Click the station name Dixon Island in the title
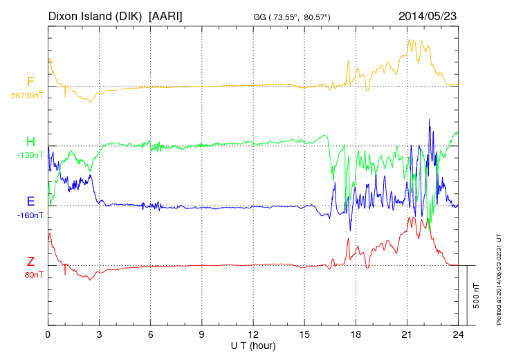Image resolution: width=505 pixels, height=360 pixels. [x=95, y=15]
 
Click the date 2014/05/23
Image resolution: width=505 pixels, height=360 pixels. [x=428, y=15]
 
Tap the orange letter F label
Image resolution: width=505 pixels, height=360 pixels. [x=30, y=82]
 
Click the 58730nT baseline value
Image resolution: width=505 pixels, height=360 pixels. [x=26, y=96]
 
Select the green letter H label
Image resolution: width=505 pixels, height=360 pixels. [x=30, y=142]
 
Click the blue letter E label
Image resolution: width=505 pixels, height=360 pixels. [x=30, y=201]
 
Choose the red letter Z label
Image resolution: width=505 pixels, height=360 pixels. [x=30, y=262]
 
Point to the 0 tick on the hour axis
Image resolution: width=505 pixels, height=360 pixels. [x=48, y=334]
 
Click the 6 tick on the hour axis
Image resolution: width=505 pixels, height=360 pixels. [x=151, y=334]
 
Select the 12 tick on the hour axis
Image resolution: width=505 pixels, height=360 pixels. [x=253, y=334]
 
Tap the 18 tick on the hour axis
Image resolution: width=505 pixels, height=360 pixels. [x=356, y=334]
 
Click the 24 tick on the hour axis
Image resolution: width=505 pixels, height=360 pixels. [x=458, y=334]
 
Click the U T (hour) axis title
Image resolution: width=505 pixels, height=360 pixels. [x=253, y=345]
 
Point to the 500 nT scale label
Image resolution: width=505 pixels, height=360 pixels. [x=477, y=295]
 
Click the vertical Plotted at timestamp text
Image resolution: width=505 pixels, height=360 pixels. [x=498, y=277]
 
